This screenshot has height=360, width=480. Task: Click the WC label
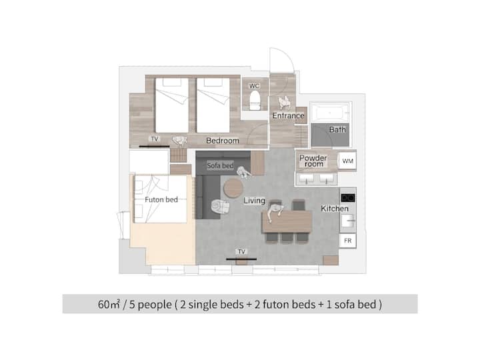(x=254, y=86)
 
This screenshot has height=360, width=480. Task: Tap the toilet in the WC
(x=255, y=101)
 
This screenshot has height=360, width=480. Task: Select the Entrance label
(x=288, y=115)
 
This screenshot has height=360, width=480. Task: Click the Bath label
(x=337, y=129)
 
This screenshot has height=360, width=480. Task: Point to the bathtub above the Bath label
(x=330, y=113)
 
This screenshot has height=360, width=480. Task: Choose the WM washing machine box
(x=347, y=161)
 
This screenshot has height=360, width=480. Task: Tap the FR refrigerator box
(x=347, y=241)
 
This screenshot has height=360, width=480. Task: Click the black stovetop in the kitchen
(x=348, y=198)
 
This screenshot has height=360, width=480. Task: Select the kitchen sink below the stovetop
(x=347, y=221)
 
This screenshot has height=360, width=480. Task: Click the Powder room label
(x=313, y=161)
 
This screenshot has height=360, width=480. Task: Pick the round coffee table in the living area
(x=233, y=187)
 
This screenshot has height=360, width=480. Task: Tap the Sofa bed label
(x=220, y=165)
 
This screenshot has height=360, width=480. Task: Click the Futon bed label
(x=161, y=199)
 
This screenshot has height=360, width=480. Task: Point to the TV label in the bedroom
(x=155, y=139)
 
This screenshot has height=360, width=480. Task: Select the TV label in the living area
(x=241, y=251)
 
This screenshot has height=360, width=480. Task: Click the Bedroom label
(x=223, y=141)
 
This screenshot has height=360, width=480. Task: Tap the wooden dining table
(x=287, y=221)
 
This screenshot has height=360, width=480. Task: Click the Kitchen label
(x=335, y=209)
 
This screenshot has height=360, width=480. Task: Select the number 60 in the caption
(x=104, y=304)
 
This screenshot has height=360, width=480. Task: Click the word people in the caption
(x=155, y=305)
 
